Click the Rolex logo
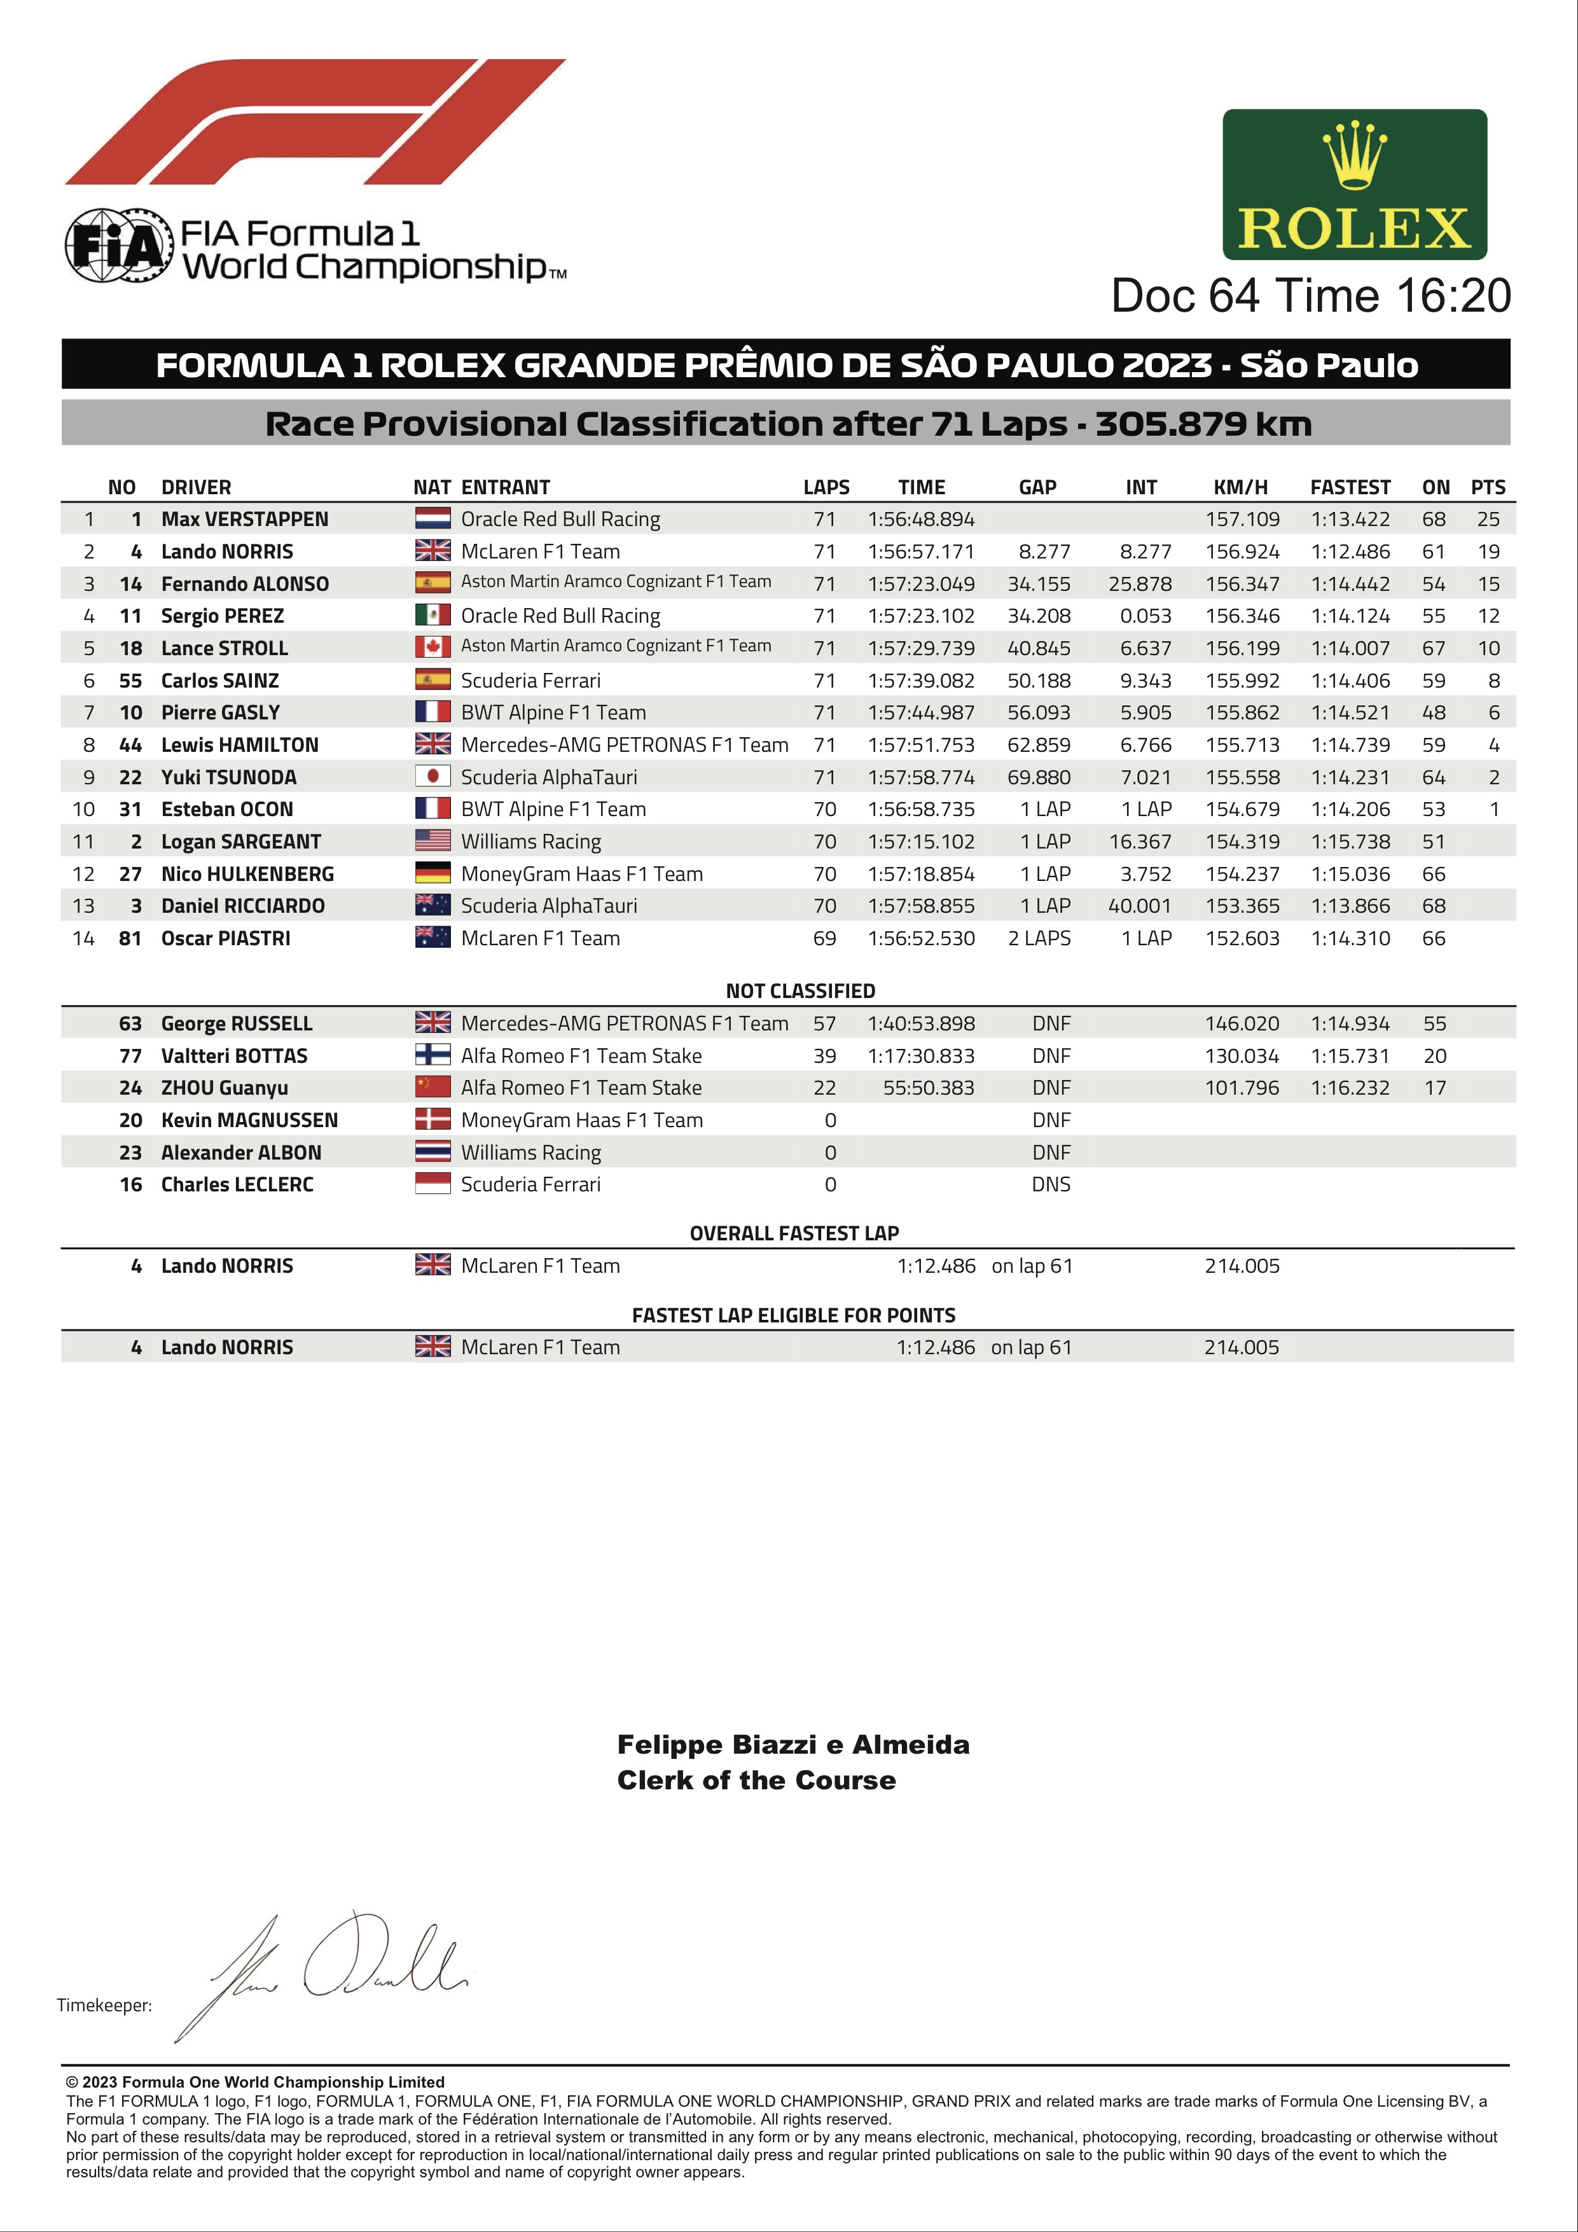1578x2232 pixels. point(1354,184)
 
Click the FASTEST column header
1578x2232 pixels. point(1350,487)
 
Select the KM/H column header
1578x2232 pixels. point(1241,487)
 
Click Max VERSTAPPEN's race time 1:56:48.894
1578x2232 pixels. point(921,519)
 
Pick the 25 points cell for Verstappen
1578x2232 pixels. point(1488,519)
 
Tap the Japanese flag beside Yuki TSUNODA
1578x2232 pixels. point(433,777)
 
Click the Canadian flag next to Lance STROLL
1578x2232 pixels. point(433,648)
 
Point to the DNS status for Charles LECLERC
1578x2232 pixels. point(1051,1184)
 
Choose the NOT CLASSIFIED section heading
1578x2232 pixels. point(800,990)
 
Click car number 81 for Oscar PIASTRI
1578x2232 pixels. point(130,938)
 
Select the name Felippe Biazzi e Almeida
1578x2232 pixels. point(793,1745)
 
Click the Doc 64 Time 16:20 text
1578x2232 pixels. point(1311,296)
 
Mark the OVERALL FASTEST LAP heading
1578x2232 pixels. point(793,1233)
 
